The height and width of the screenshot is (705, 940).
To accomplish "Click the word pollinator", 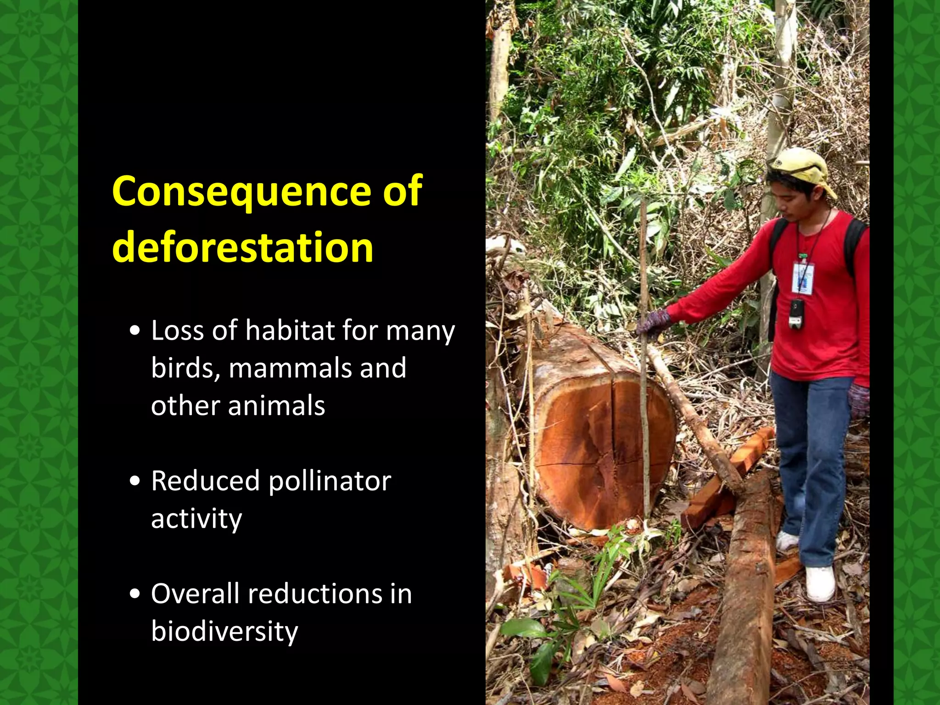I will tap(330, 482).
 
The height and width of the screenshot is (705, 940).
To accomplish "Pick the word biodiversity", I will tap(224, 632).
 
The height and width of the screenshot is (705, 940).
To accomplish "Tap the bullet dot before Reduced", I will tap(135, 481).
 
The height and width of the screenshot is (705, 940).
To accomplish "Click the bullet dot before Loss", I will tap(135, 331).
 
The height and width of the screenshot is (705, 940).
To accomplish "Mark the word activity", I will tap(196, 519).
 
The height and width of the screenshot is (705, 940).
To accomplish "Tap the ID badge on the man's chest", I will tap(803, 278).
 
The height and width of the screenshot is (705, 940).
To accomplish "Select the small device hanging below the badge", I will tap(796, 313).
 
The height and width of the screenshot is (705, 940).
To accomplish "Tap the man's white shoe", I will tap(820, 584).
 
